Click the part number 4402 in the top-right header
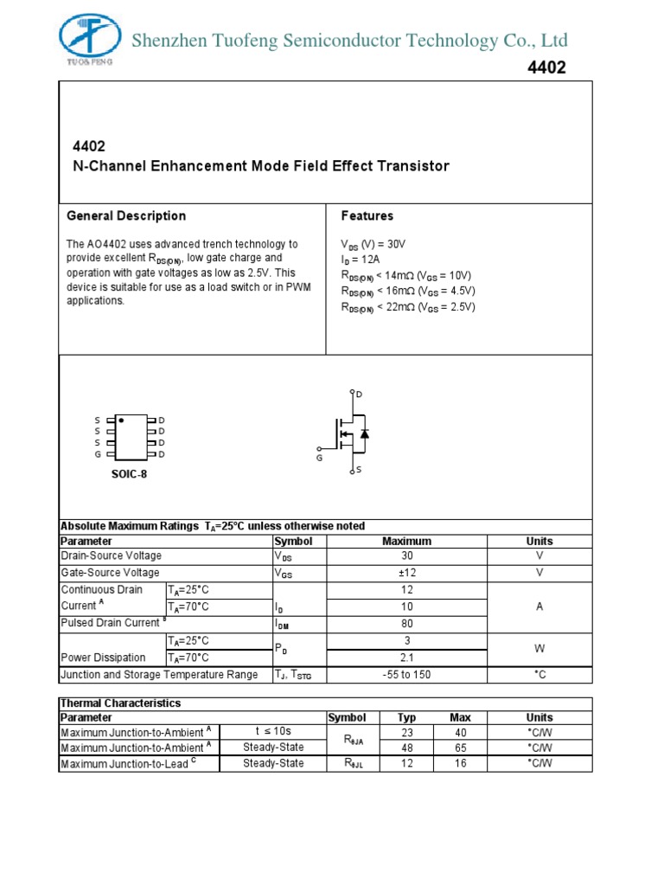(546, 68)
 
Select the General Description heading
(126, 215)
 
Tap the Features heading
(367, 215)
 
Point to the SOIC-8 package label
(129, 473)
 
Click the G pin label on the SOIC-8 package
(98, 454)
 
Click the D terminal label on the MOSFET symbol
(360, 395)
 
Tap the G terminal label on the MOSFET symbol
(319, 457)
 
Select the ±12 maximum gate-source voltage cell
(406, 573)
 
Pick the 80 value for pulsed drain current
(406, 623)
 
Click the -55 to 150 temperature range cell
(406, 675)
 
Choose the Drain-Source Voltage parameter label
(111, 556)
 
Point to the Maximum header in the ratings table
(406, 541)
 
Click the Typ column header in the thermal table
(406, 717)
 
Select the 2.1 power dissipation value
(406, 658)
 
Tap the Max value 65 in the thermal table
(460, 747)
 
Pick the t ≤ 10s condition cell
(273, 732)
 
